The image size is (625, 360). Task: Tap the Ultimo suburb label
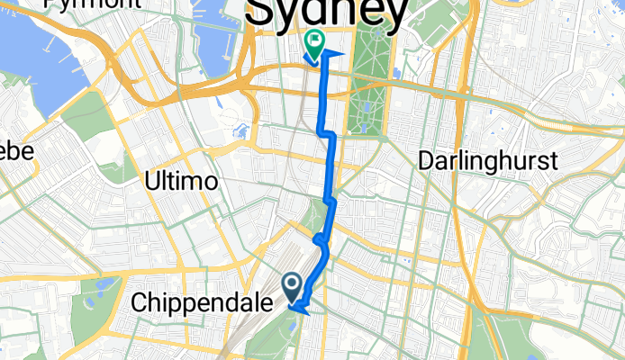point(181,181)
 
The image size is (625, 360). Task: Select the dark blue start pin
point(294,285)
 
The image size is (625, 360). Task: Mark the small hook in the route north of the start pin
point(320,239)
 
